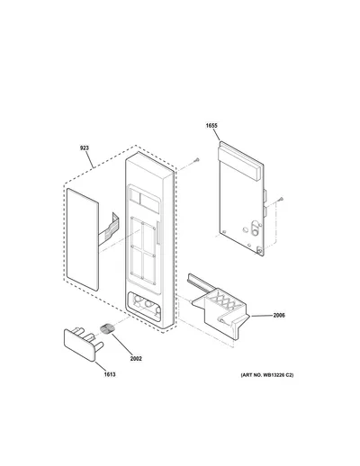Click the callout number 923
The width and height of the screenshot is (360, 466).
[x=85, y=148]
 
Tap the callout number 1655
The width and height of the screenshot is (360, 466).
[x=211, y=126]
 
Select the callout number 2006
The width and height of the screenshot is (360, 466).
[x=279, y=315]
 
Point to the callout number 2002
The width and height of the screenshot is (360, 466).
[x=136, y=358]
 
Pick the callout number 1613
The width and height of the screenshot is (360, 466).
[x=110, y=374]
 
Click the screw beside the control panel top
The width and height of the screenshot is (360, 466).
[x=197, y=160]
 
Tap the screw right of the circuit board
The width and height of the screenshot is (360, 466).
[x=281, y=199]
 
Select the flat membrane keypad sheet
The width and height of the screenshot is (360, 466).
[x=83, y=239]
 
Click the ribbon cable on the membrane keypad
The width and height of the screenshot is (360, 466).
[x=109, y=229]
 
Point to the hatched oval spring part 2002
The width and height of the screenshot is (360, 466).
[x=106, y=328]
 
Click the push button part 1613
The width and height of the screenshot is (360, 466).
[x=84, y=344]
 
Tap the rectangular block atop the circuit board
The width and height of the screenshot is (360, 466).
[x=238, y=162]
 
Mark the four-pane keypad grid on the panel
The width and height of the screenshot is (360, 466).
[x=143, y=251]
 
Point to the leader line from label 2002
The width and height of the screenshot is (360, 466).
[x=122, y=345]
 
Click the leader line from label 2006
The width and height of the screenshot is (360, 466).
[x=262, y=316]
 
